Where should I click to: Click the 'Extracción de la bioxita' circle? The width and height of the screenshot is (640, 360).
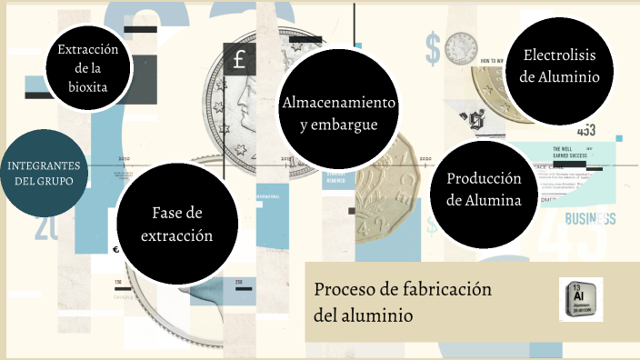click(88, 67)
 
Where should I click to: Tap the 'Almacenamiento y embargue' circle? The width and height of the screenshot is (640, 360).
click(338, 111)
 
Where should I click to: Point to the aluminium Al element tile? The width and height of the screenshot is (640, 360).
click(580, 299)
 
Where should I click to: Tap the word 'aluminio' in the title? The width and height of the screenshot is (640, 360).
click(375, 315)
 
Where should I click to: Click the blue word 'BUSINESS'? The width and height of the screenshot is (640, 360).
click(591, 219)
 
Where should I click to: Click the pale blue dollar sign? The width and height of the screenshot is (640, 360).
click(433, 45)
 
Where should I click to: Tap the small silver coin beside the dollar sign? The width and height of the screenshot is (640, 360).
click(460, 50)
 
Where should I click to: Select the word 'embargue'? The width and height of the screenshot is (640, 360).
click(338, 124)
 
